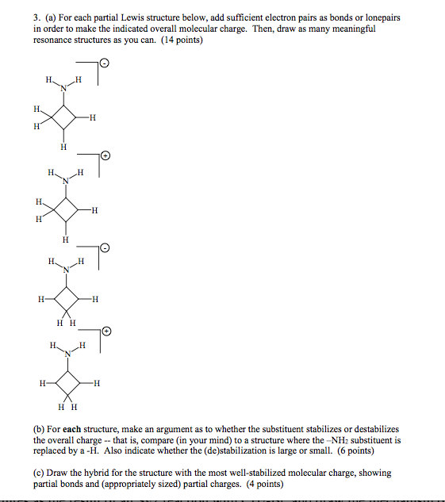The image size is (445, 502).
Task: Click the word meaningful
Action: tap(355, 29)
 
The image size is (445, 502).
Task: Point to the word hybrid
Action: tap(102, 473)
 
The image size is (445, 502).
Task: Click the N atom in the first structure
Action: tap(62, 87)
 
